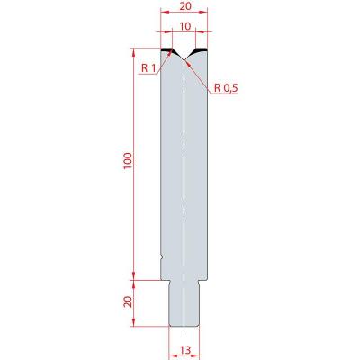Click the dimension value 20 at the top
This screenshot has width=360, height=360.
pyautogui.click(x=185, y=6)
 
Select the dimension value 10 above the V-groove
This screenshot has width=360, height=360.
pyautogui.click(x=185, y=27)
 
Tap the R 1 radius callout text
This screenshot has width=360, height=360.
pyautogui.click(x=148, y=68)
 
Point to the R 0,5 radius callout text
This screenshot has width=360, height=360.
pyautogui.click(x=226, y=88)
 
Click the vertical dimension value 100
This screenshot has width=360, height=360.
pyautogui.click(x=128, y=161)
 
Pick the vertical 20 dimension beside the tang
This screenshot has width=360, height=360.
pyautogui.click(x=128, y=301)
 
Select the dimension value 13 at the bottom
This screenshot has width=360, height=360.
pyautogui.click(x=185, y=350)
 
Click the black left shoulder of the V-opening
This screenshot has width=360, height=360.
pyautogui.click(x=168, y=49)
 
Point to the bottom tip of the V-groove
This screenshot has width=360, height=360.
pyautogui.click(x=184, y=59)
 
